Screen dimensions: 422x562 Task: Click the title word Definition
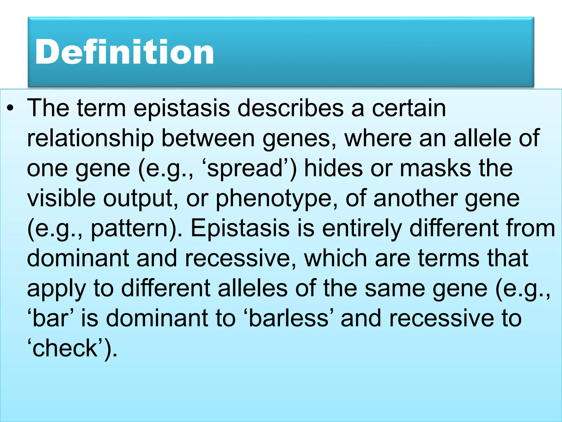click(124, 52)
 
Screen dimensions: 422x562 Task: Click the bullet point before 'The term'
click(10, 108)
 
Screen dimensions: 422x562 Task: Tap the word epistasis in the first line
click(181, 108)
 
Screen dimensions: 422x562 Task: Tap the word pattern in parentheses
click(129, 229)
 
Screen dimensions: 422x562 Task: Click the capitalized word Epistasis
click(240, 228)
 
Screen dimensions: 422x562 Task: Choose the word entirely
click(362, 229)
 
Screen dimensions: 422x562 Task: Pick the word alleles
click(252, 288)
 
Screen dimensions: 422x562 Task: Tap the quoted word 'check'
click(65, 348)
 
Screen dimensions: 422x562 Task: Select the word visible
click(61, 198)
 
